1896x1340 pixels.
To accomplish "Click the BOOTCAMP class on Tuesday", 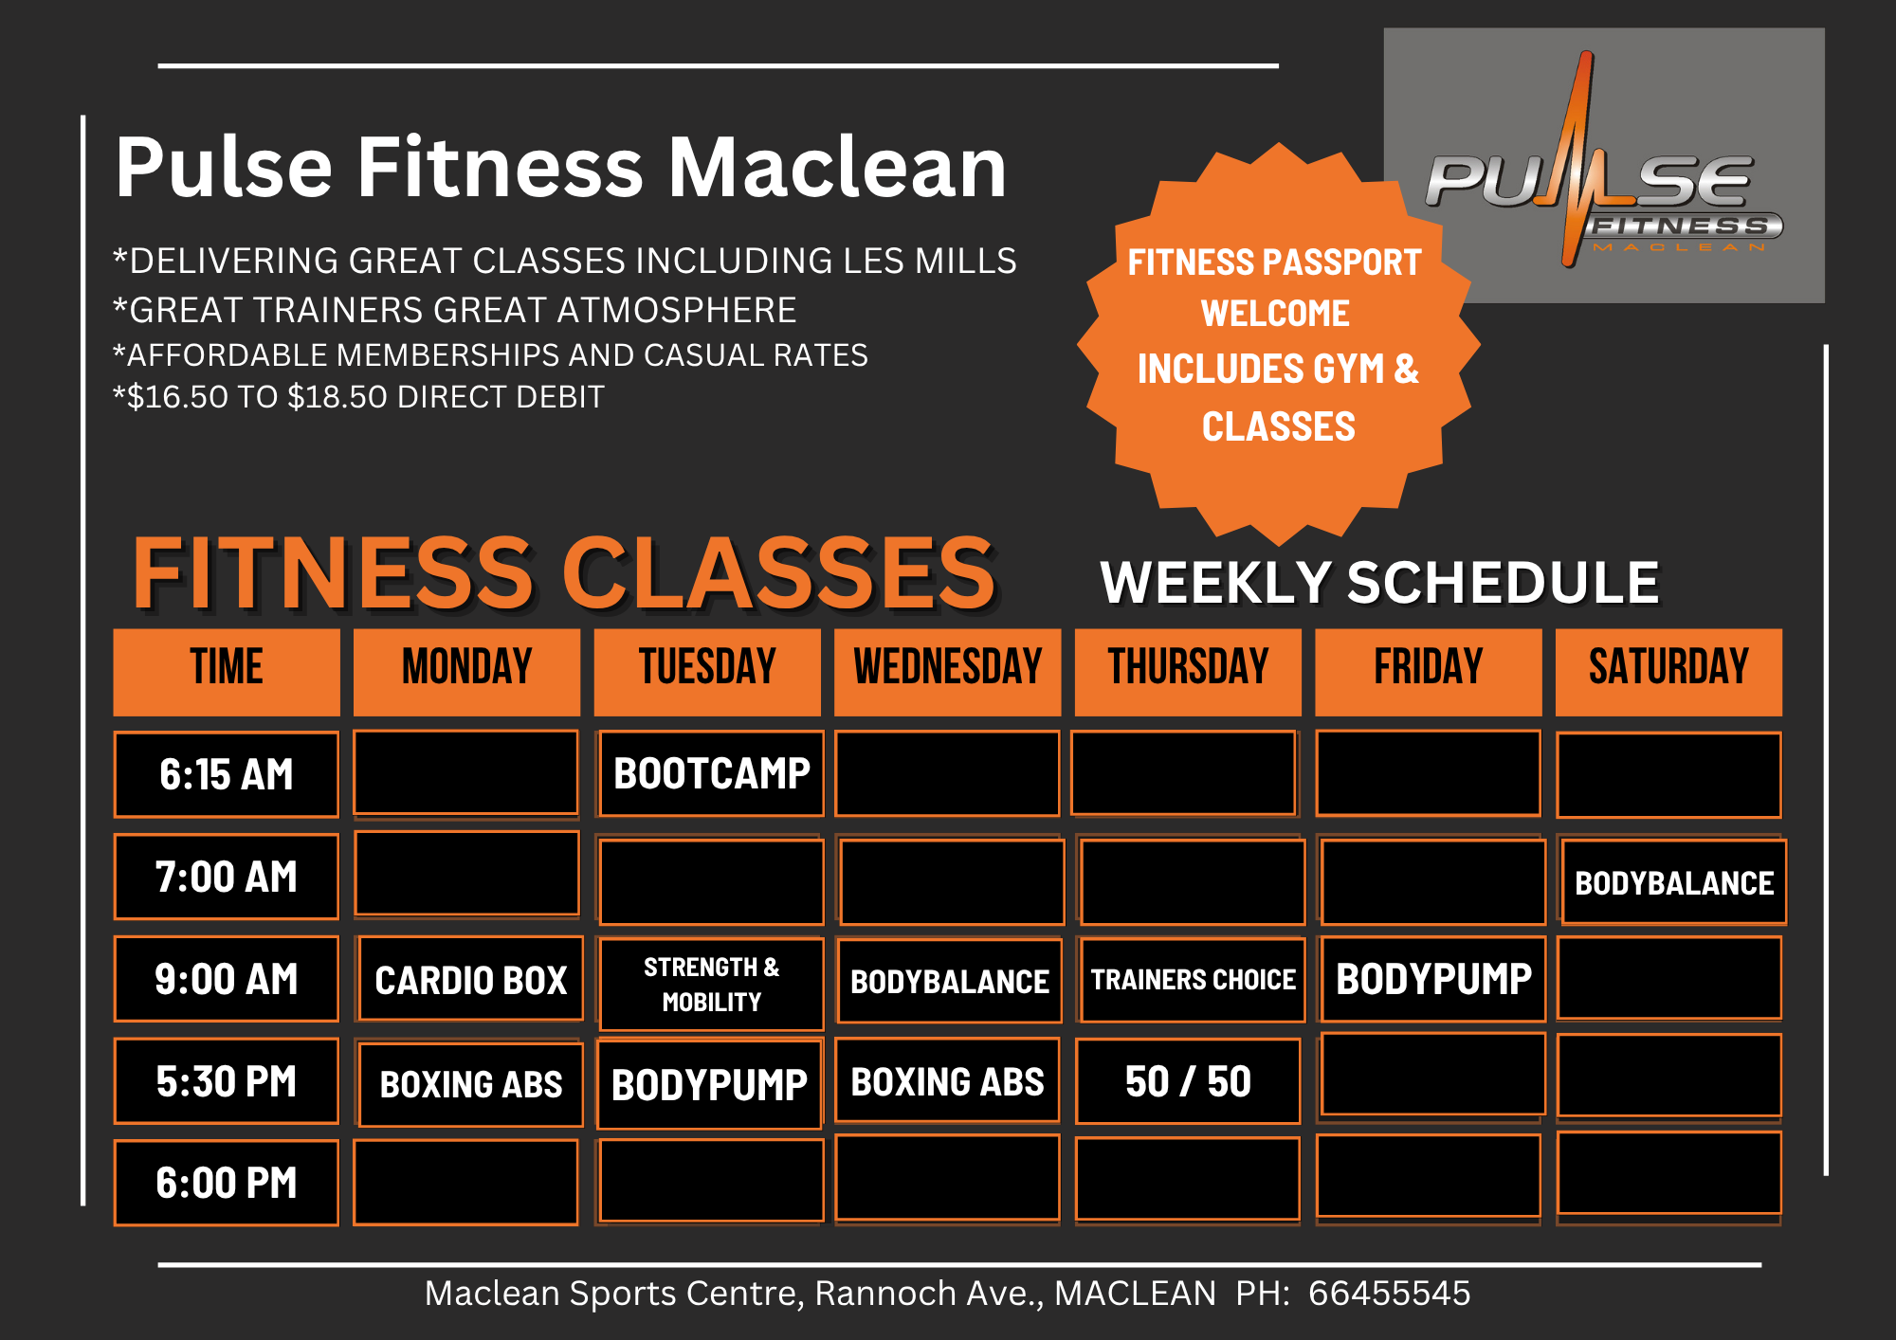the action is coord(712,773).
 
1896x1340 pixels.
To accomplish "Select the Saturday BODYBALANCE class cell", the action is coord(1674,882).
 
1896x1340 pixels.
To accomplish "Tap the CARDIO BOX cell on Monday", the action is coord(471,979).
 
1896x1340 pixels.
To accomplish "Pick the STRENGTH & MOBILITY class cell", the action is coord(712,984).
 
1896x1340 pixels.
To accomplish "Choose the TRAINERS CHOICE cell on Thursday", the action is coord(1193,980).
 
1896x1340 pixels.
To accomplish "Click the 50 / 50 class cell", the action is coord(1188,1081).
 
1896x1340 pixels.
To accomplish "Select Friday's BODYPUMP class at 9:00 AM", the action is coord(1433,979).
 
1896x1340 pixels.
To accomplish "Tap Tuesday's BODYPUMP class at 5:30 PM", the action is coord(710,1084).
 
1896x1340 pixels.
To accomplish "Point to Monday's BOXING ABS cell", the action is coord(471,1084).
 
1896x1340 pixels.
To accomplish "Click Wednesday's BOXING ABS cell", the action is coord(947,1080).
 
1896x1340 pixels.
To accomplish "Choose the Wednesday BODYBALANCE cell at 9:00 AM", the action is coord(950,981).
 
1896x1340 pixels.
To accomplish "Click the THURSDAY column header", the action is coord(1188,672).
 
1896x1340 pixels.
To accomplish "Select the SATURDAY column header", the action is coord(1668,672).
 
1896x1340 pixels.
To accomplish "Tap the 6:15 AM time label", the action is coord(227,774).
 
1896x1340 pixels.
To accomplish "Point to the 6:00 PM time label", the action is coord(227,1183).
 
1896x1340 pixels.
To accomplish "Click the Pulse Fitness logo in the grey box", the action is coord(1604,165).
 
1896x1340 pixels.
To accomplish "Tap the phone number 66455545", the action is coord(1390,1293).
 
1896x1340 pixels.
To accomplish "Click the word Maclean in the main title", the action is coord(837,168).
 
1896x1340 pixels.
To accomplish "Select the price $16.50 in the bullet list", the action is coord(177,397).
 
